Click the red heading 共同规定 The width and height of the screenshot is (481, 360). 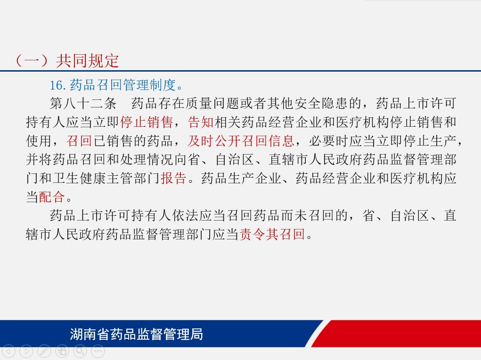87,61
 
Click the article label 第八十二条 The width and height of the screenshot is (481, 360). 83,103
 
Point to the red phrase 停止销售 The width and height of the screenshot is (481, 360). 147,122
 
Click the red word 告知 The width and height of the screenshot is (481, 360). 201,122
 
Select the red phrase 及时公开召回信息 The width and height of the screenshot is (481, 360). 241,141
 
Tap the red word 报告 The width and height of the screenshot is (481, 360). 174,178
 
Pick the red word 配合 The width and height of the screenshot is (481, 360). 52,196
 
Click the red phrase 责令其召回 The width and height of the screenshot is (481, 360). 272,234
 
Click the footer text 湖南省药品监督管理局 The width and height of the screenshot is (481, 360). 136,334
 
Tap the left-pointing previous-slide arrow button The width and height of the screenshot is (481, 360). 8,351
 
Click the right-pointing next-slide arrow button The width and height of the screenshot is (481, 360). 26,351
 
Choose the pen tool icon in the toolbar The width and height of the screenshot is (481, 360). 44,351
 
